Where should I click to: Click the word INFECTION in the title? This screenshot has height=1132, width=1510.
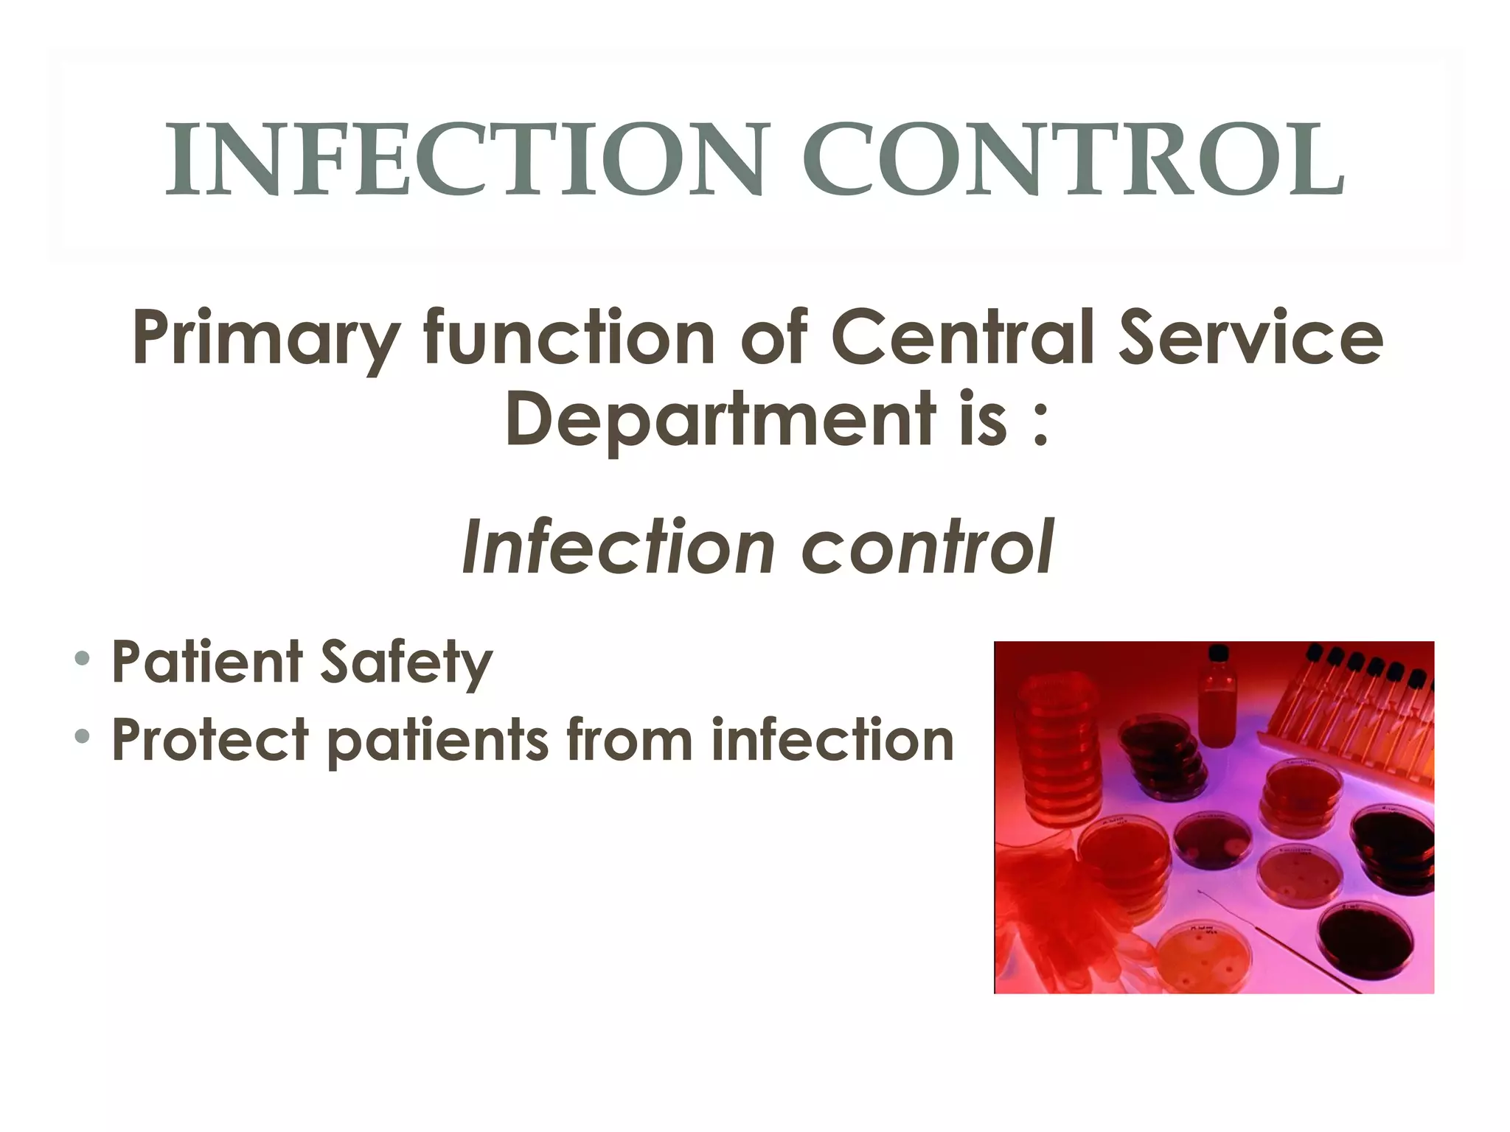click(463, 160)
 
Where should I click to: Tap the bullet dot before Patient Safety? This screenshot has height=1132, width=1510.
click(83, 657)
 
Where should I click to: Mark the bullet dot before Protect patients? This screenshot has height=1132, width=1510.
click(83, 736)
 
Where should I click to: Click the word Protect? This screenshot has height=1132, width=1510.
click(209, 740)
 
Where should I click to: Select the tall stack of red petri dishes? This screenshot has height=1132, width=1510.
click(1058, 744)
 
